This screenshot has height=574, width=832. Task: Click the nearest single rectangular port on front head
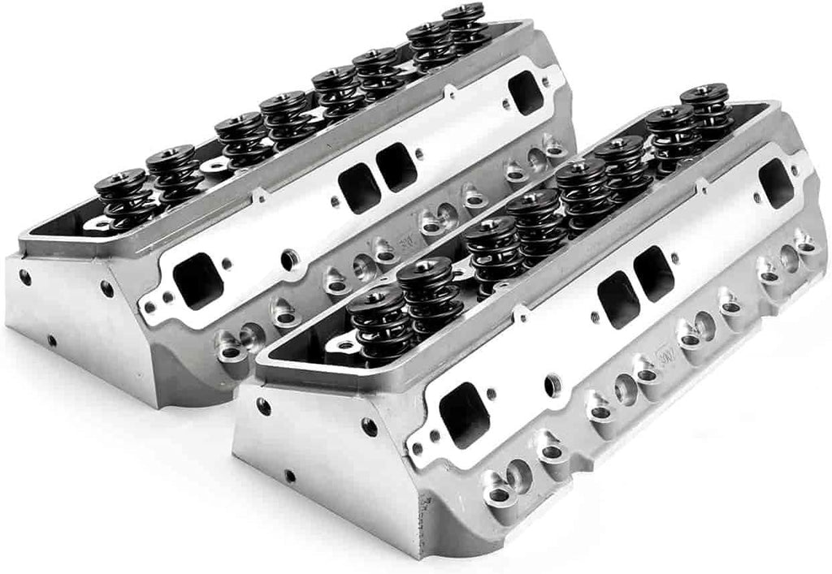point(465,414)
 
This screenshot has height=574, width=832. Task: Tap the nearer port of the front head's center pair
point(617,298)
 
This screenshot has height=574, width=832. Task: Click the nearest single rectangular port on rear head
point(197,280)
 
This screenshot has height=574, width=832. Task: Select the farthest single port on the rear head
point(526,92)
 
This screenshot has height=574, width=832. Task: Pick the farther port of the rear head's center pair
point(396,167)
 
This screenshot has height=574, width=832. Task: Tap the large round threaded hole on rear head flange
point(289,260)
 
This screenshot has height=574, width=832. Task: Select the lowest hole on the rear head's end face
point(50,340)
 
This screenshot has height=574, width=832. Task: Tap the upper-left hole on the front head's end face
point(263,406)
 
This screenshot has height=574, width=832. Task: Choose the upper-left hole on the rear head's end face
point(25,276)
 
